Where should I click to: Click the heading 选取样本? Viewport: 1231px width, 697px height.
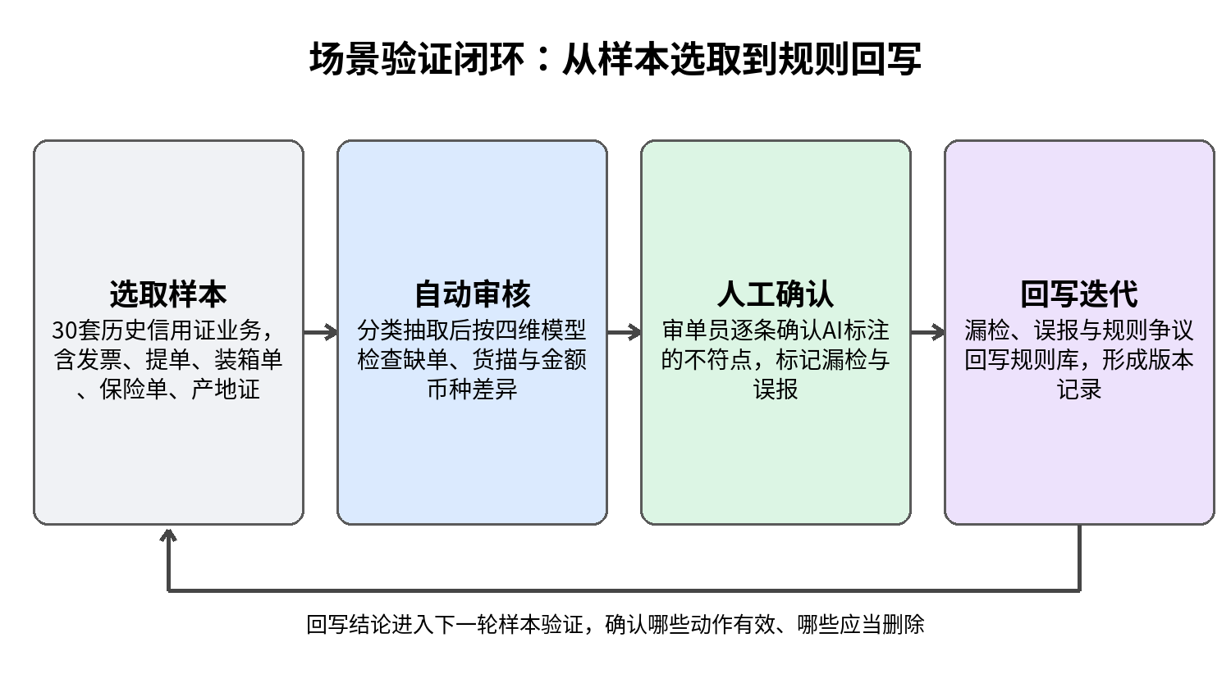(168, 294)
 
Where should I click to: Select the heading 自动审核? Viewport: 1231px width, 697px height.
(472, 294)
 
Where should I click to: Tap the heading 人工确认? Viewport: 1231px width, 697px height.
(776, 294)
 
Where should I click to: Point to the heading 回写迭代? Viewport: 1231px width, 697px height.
(1079, 294)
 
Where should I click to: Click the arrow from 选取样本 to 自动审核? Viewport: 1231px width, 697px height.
(320, 332)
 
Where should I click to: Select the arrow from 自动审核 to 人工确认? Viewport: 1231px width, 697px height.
(625, 332)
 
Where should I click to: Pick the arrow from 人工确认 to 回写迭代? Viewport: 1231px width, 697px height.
(927, 332)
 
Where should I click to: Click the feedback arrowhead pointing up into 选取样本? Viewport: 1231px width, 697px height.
(168, 535)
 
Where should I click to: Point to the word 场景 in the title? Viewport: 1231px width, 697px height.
(344, 59)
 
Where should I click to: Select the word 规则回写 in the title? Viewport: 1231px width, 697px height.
(849, 59)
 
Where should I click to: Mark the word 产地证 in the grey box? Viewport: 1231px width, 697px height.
(226, 389)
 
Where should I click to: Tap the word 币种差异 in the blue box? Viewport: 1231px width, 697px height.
(472, 389)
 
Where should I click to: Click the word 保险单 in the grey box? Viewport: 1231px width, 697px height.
(134, 389)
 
